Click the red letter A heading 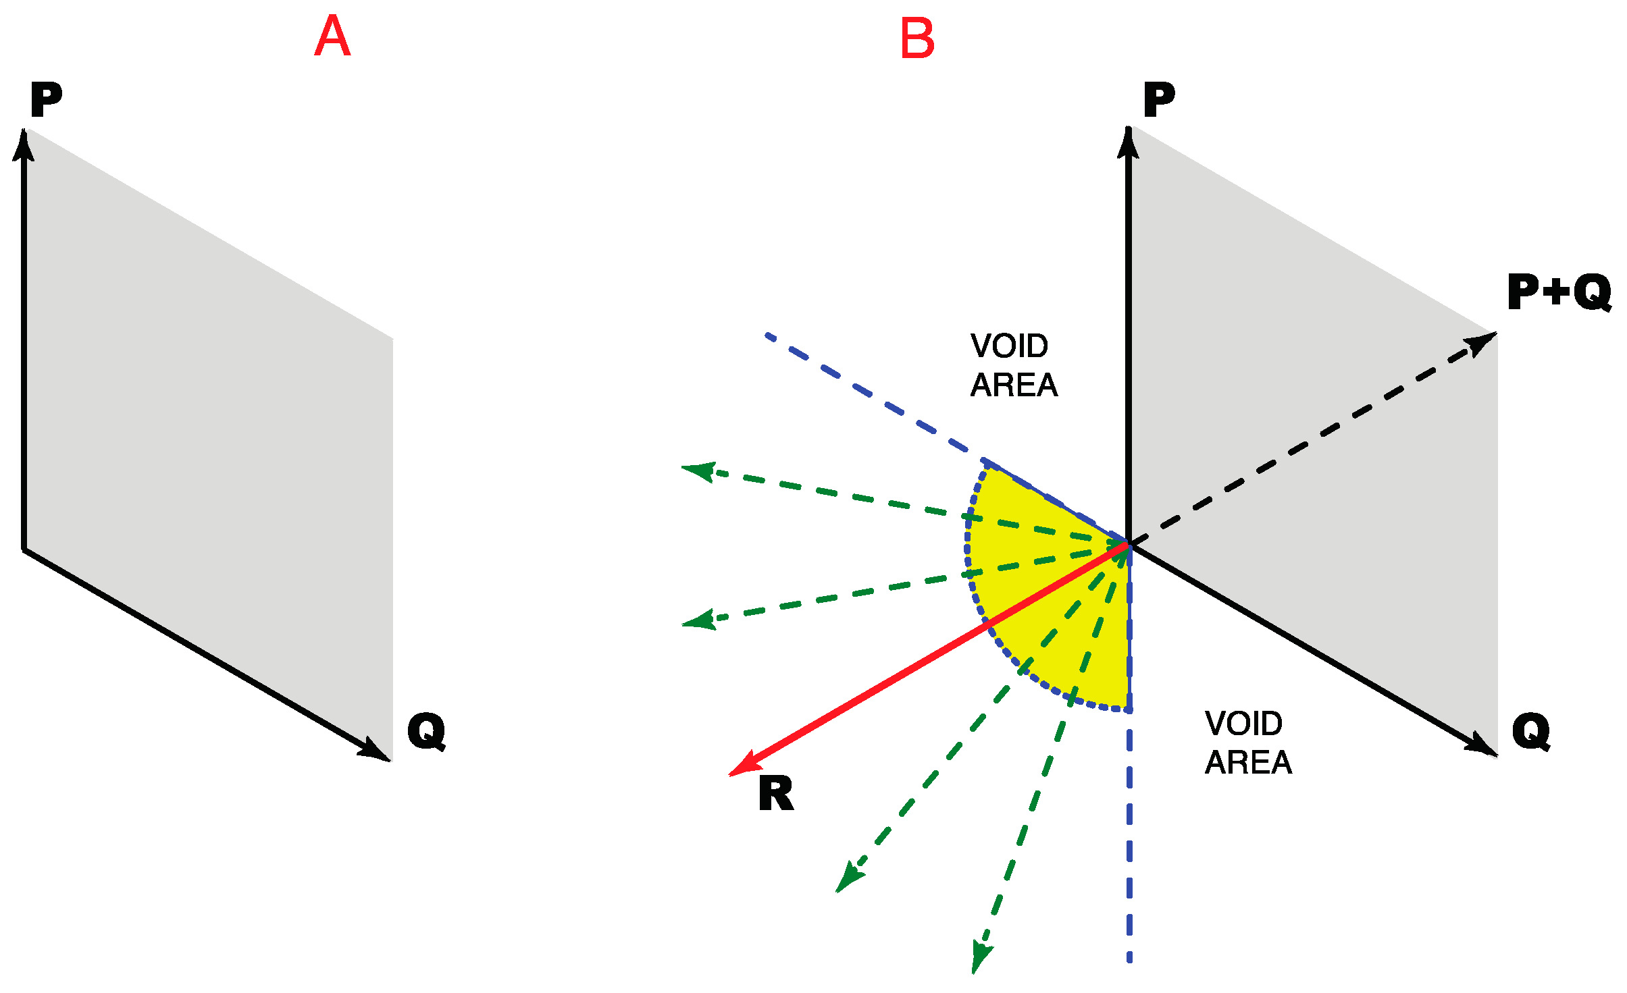[x=332, y=36]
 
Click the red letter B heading [x=917, y=38]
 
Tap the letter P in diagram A [x=46, y=100]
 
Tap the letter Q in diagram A [x=426, y=731]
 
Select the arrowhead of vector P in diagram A [x=24, y=143]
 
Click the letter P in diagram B [x=1159, y=100]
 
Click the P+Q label [x=1559, y=292]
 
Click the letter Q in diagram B [x=1531, y=731]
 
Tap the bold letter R [x=775, y=794]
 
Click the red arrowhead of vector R [x=743, y=768]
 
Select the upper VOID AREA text [x=1013, y=365]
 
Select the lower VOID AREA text [x=1247, y=743]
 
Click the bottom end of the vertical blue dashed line [x=1129, y=959]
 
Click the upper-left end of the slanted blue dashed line [x=769, y=335]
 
